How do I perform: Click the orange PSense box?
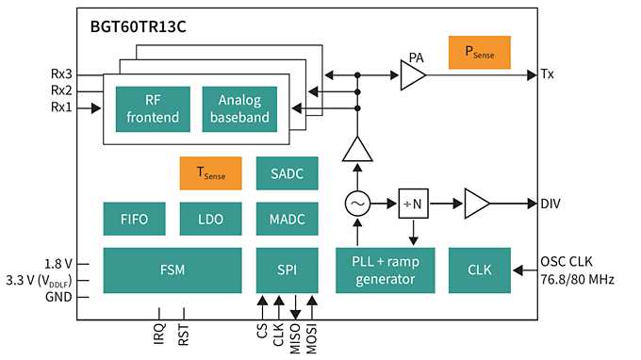(479, 53)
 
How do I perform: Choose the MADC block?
(288, 219)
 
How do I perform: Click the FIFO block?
(133, 219)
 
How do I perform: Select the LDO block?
(210, 219)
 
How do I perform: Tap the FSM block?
(172, 270)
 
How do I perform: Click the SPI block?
(288, 270)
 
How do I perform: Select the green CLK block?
(479, 270)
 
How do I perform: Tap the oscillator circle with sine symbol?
(357, 203)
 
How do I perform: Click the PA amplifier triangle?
(412, 74)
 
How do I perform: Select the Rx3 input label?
(59, 74)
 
